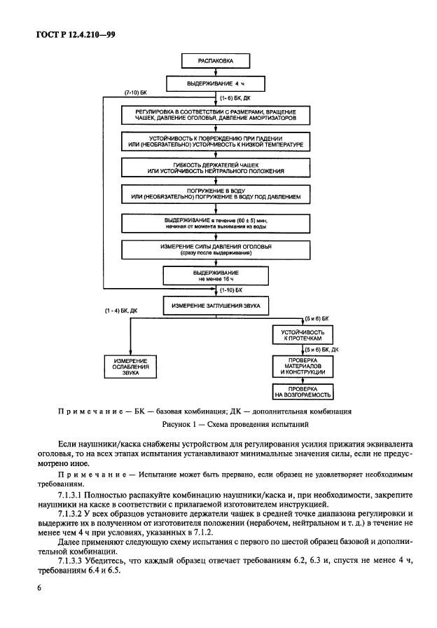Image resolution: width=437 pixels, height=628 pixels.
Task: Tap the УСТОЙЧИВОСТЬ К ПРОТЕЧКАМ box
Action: [302, 334]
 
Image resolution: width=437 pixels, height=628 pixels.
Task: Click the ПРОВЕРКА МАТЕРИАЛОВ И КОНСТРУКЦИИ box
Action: [302, 367]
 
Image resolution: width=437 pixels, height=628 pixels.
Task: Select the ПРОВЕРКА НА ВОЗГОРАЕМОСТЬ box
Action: [302, 392]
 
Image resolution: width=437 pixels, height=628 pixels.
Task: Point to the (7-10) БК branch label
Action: [136, 93]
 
